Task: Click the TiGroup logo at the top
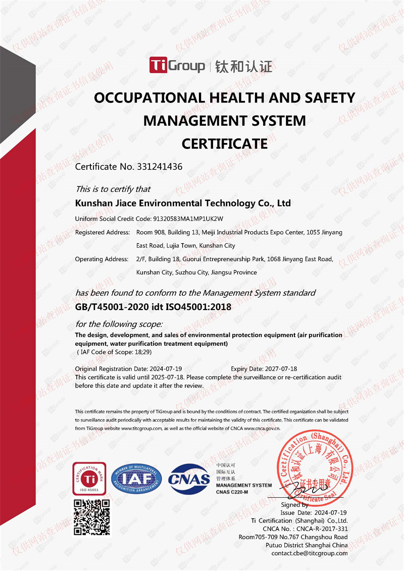coord(177,66)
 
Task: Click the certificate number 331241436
coord(159,167)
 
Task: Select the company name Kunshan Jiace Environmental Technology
coord(183,203)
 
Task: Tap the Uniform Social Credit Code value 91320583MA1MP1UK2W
coord(187,219)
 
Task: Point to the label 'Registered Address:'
coord(103,233)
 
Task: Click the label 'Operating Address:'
coord(102,259)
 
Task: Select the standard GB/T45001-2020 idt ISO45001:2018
coord(153,306)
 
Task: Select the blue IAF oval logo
coord(136,478)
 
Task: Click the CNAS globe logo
coord(189,478)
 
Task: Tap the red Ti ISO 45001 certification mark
coord(89,478)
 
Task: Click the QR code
coord(92,517)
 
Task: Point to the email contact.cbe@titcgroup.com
coord(310,553)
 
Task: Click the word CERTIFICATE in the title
coord(225,144)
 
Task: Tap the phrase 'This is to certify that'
coord(113,189)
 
